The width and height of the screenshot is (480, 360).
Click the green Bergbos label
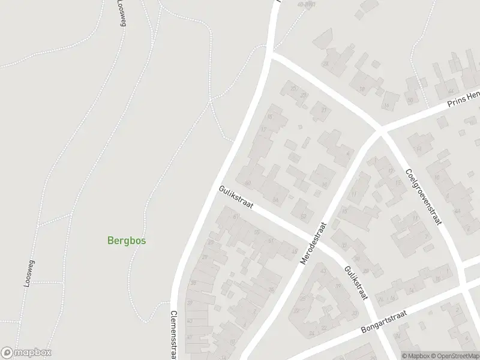tap(127, 241)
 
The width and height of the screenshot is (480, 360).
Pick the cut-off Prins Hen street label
tap(463, 100)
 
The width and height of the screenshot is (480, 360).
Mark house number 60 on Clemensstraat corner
tap(247, 182)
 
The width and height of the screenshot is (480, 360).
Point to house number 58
tap(275, 199)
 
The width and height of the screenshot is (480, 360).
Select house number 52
tap(303, 216)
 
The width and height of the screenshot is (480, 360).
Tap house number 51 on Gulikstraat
tap(271, 241)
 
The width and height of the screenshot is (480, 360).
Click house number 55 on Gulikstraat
tap(257, 232)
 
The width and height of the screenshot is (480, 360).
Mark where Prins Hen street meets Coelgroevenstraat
tap(380, 130)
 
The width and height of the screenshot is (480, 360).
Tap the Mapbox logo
tap(26, 353)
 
